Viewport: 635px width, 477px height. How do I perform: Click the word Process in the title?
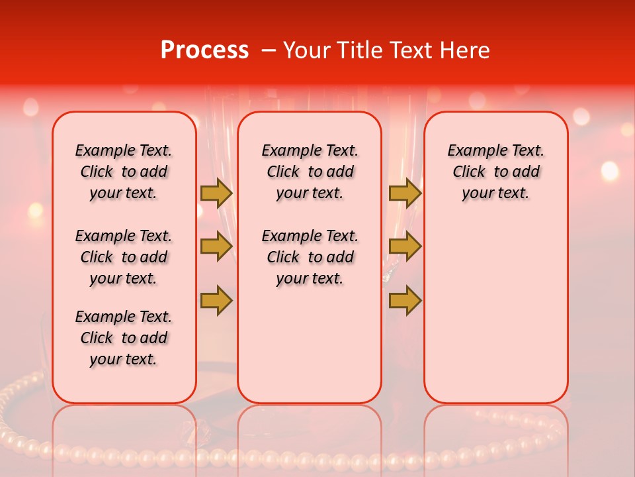tap(204, 50)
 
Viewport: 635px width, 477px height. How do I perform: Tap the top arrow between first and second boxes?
tap(216, 193)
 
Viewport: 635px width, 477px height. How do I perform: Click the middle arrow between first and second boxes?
tap(216, 246)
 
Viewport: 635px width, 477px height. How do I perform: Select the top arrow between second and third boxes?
tap(405, 193)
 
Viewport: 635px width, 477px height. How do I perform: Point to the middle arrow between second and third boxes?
tap(405, 246)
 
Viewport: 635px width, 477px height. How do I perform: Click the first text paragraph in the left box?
tap(124, 172)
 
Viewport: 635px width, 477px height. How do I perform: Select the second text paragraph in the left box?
tap(124, 257)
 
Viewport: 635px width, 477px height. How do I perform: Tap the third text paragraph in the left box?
tap(124, 338)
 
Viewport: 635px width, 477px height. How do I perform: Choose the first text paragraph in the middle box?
tap(310, 172)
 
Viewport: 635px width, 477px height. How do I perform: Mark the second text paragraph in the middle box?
tap(310, 257)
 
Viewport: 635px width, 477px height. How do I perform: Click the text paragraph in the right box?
tap(495, 172)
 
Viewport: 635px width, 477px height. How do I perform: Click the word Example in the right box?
tap(474, 151)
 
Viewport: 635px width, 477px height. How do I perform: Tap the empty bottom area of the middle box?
tap(310, 351)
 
